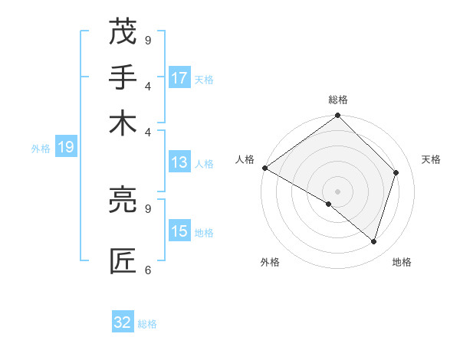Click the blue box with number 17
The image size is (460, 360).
179,78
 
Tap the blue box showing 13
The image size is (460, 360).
179,162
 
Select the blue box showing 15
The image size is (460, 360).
179,231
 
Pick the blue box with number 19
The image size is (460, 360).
66,147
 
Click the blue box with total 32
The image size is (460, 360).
123,322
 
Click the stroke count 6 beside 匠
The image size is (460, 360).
148,270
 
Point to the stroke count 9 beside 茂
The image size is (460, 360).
148,39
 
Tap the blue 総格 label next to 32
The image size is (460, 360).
147,324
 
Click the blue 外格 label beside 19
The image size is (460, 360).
41,149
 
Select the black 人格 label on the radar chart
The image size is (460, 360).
245,159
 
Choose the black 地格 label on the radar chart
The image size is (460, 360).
402,262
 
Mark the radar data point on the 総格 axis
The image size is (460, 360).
337,116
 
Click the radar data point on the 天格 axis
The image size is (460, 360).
396,172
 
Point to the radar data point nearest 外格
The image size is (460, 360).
329,204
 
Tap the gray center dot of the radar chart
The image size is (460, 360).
337,191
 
